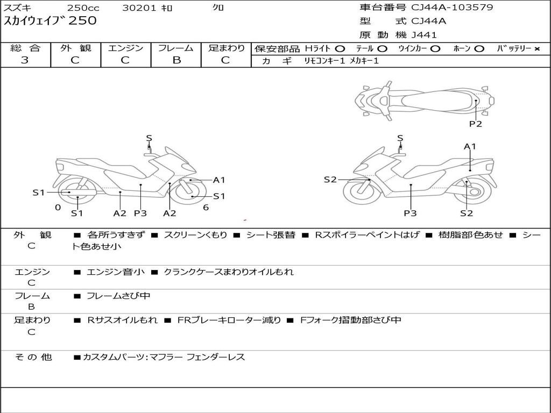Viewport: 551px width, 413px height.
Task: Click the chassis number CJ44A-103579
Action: [x=452, y=8]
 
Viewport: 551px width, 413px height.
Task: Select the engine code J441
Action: [x=424, y=35]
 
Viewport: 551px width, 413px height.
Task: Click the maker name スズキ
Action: [x=17, y=8]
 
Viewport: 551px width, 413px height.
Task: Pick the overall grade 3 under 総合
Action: [x=25, y=60]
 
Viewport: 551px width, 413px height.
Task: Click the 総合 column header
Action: [x=25, y=48]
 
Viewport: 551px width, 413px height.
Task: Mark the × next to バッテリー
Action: [x=536, y=49]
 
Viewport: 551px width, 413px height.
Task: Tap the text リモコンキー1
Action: [x=324, y=61]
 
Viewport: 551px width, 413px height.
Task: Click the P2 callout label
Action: [x=475, y=124]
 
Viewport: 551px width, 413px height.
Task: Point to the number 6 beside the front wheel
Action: [x=206, y=207]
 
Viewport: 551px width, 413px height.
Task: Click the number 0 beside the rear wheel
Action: [x=58, y=207]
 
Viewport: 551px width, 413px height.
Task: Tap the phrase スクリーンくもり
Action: [x=195, y=235]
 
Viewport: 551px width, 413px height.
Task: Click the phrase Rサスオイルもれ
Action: [x=123, y=320]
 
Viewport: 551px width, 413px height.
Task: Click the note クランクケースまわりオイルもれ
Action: [x=229, y=272]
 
